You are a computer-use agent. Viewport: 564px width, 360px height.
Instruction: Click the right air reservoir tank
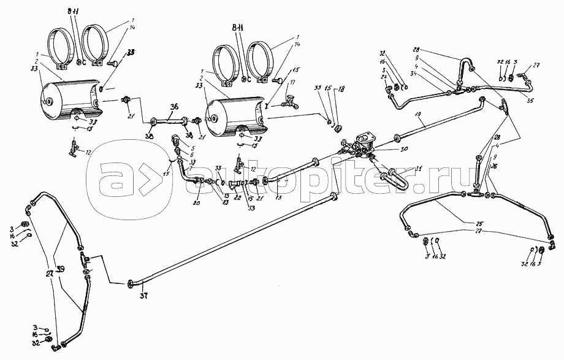(236, 111)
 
